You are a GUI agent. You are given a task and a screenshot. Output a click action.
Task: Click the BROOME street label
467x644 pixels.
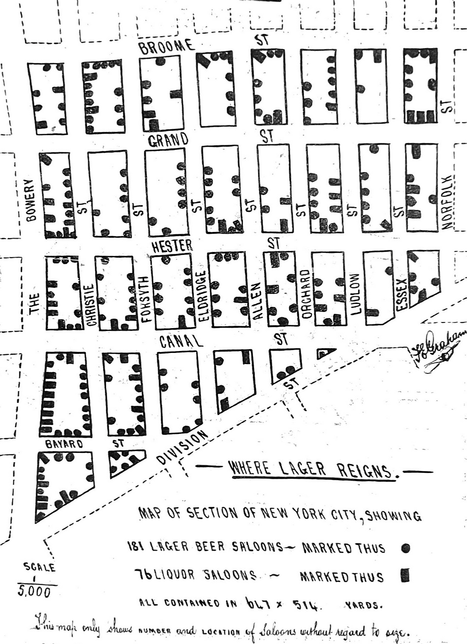click(166, 46)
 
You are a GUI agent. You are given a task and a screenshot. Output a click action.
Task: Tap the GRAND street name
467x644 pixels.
click(168, 140)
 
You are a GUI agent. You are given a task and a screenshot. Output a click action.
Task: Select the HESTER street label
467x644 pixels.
click(172, 246)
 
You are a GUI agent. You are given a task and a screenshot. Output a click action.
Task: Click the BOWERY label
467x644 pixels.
click(32, 200)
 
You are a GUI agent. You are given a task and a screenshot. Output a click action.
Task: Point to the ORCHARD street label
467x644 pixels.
click(305, 294)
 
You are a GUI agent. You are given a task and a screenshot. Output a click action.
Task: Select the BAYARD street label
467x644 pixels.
click(64, 444)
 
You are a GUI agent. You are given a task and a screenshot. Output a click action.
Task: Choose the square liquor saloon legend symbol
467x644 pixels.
click(405, 576)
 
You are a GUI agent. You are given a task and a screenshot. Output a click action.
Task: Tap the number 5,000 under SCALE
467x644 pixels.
click(34, 592)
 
